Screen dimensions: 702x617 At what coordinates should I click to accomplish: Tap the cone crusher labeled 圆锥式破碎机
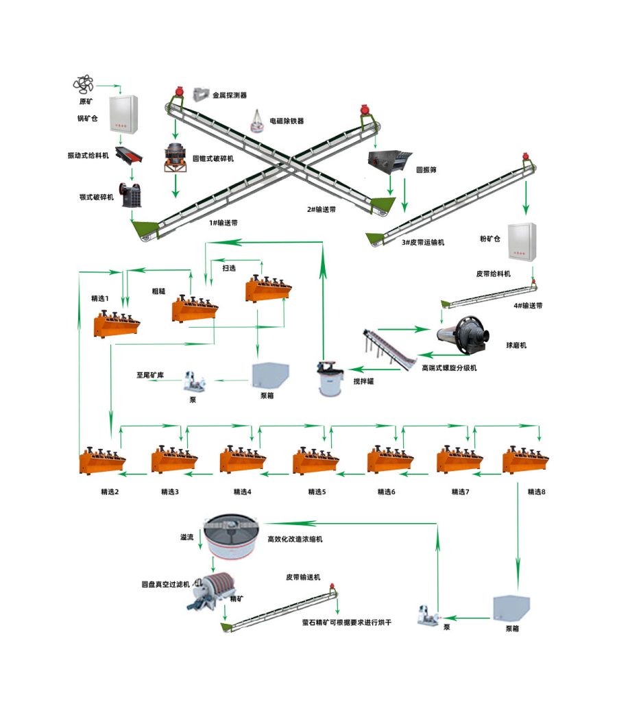pyautogui.click(x=176, y=158)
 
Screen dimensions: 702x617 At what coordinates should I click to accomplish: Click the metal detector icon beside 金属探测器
pyautogui.click(x=201, y=94)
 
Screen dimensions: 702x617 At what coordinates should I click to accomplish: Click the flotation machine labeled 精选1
pyautogui.click(x=117, y=322)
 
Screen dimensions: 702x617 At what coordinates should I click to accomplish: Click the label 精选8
pyautogui.click(x=536, y=492)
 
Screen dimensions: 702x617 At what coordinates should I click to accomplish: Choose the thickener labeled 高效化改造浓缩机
pyautogui.click(x=230, y=537)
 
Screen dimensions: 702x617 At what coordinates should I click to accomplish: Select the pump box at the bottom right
pyautogui.click(x=511, y=608)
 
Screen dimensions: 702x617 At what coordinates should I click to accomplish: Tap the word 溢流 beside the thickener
pyautogui.click(x=186, y=537)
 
